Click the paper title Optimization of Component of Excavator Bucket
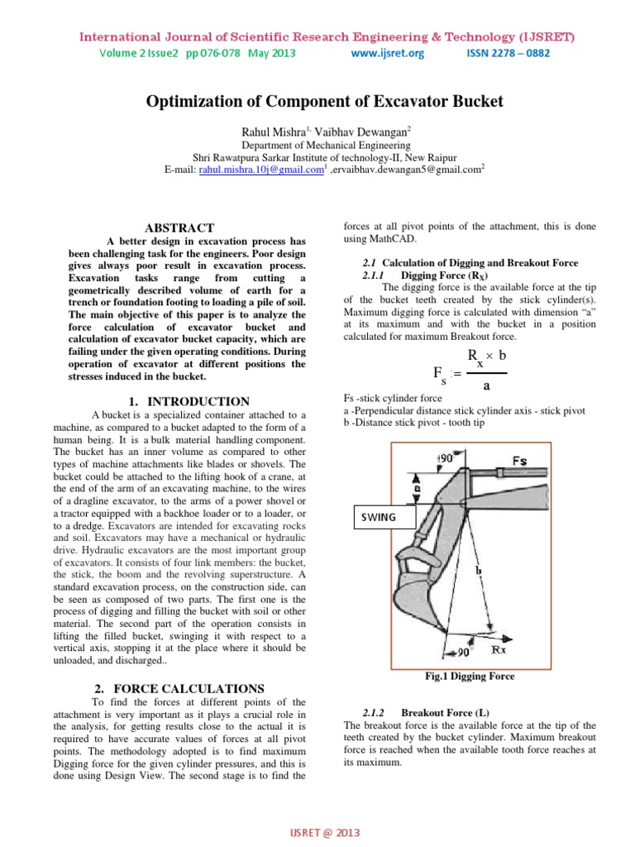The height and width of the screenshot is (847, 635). point(324,102)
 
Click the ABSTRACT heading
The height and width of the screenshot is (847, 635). point(179,227)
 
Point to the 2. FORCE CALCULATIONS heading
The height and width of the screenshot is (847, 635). point(179,688)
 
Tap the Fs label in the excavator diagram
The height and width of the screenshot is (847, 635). point(519,459)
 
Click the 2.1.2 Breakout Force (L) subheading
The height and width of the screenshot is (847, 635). point(439,712)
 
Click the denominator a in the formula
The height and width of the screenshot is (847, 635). point(485,386)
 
